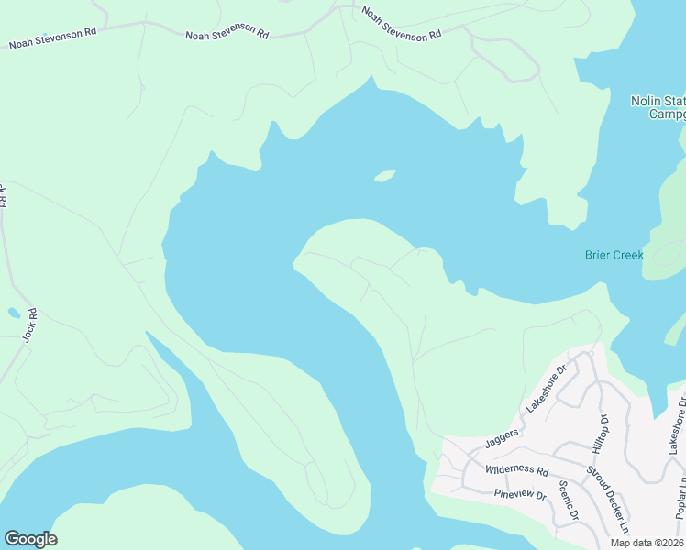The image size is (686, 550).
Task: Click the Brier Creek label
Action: point(614,255)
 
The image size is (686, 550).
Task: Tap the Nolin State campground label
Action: point(658,107)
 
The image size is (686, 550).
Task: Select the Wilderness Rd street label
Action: point(516,470)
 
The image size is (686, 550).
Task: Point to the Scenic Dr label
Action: point(568,502)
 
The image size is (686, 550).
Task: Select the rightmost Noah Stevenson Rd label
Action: point(401,25)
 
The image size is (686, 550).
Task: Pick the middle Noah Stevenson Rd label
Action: point(227,35)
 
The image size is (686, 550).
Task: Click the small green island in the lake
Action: point(384,176)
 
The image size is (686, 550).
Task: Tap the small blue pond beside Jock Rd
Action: point(14,313)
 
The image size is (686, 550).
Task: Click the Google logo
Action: point(30,539)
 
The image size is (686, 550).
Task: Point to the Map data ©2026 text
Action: point(647,543)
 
